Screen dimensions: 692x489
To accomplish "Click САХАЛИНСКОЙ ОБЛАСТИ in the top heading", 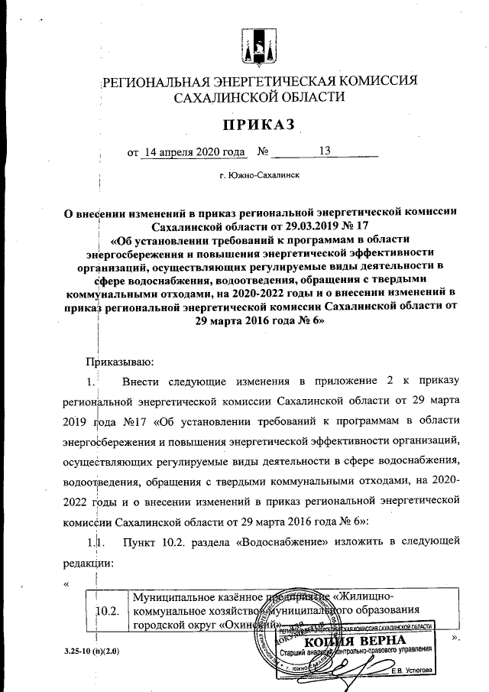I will [259, 97].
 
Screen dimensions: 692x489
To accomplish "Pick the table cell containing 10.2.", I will [108, 611].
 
